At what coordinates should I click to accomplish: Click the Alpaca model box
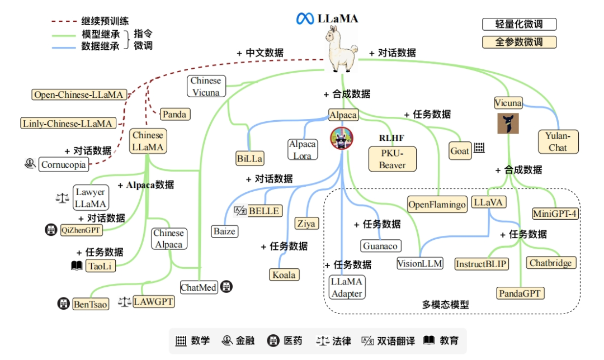click(343, 115)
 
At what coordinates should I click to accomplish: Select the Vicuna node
click(508, 103)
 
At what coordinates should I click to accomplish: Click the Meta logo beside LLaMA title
click(305, 18)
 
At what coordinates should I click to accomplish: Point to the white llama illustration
click(342, 51)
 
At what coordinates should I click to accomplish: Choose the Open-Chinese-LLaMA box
click(78, 94)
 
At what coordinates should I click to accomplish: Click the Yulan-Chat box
click(558, 141)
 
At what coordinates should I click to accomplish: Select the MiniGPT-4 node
click(555, 214)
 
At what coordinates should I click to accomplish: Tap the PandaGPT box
click(520, 293)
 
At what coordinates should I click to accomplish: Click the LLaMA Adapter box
click(347, 287)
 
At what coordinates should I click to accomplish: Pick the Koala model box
click(284, 274)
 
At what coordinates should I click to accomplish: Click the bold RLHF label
click(391, 138)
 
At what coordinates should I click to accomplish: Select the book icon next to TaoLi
click(77, 266)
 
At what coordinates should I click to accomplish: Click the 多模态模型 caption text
click(445, 305)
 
